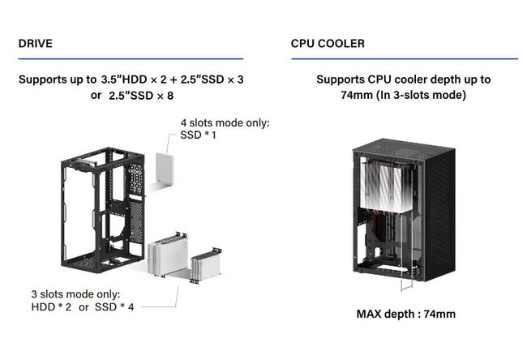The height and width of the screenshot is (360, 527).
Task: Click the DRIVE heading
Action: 36,43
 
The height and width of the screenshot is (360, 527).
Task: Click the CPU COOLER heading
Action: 328,43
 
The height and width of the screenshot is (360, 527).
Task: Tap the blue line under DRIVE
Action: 131,59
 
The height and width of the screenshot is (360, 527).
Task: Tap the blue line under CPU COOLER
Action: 405,59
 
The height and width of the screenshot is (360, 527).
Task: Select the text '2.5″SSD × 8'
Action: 141,96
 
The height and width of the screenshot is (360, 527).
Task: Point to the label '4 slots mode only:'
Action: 225,122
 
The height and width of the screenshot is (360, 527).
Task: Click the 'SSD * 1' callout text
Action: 198,135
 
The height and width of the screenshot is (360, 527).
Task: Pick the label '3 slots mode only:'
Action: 75,294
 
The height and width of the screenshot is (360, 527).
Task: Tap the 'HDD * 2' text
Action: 51,306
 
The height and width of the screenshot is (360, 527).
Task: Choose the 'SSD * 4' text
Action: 114,306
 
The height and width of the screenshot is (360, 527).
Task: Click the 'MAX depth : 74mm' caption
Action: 406,314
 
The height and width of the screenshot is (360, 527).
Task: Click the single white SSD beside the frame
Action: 165,169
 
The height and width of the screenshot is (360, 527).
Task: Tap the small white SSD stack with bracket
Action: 206,265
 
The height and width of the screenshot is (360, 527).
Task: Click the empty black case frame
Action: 102,210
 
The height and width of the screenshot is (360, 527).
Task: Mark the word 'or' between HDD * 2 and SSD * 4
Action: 84,306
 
